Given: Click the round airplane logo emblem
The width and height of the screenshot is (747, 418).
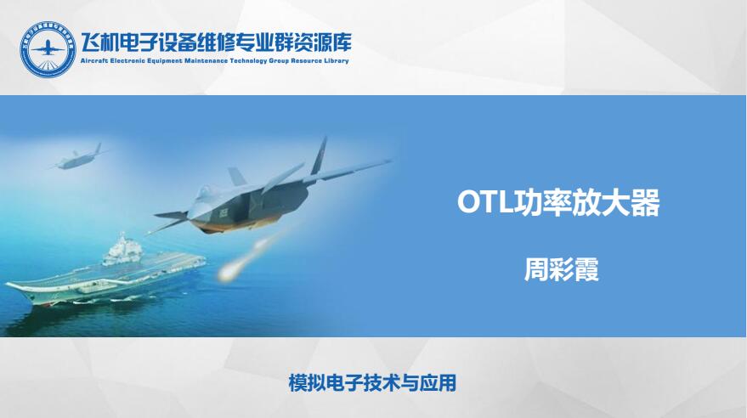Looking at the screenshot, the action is point(48,49).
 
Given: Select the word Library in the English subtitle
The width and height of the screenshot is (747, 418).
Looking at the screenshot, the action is point(337,61).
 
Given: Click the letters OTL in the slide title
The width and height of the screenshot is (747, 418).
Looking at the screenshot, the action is point(484,202).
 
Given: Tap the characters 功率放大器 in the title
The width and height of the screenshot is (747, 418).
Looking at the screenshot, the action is point(586,202).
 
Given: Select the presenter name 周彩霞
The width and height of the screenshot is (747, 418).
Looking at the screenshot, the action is point(561,269).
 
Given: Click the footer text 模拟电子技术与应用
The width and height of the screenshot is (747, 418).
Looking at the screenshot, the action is point(372,383).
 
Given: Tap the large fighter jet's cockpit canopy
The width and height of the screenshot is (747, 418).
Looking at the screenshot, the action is point(204,193).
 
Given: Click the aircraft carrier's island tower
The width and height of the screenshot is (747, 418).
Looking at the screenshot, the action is point(122,250).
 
